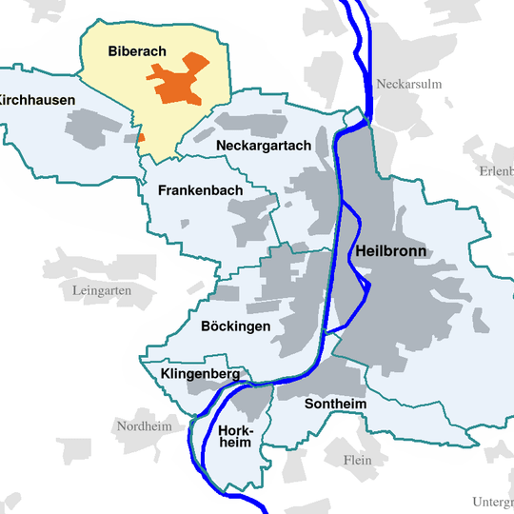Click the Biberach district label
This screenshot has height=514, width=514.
139,50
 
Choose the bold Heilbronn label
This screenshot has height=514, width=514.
390,252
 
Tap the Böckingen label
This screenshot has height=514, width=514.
236,326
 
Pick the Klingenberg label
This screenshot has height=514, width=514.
200,374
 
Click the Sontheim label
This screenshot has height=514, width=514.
335,404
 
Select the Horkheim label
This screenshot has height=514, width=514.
234,436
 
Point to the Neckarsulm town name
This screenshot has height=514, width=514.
409,84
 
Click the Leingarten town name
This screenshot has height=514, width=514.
102,289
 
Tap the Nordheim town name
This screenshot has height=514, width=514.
145,425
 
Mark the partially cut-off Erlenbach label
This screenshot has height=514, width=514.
496,171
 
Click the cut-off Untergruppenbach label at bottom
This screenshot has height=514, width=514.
492,502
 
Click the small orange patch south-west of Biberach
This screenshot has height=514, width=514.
141,138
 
